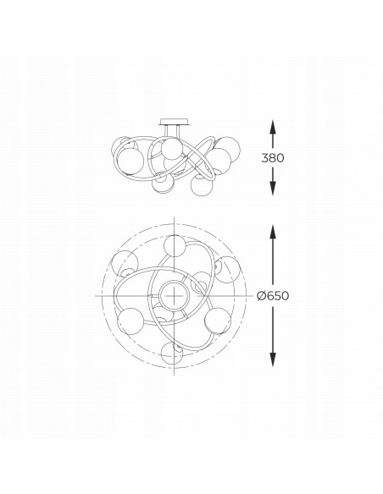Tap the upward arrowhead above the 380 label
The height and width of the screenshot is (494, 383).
(272, 124)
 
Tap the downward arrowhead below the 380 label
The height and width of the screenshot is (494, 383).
(272, 190)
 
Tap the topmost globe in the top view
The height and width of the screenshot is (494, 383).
(175, 245)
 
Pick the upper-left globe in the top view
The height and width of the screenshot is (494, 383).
(125, 261)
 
